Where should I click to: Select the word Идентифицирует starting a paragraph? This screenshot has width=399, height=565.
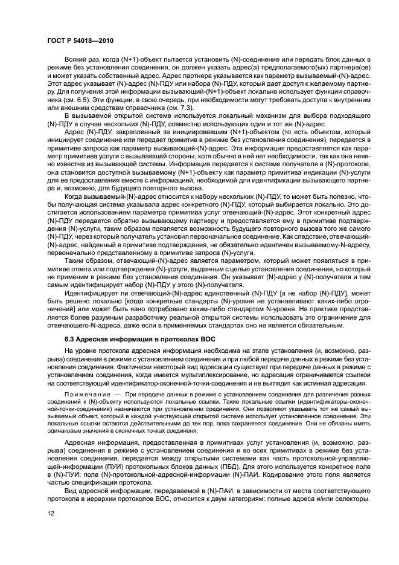(x=91, y=291)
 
